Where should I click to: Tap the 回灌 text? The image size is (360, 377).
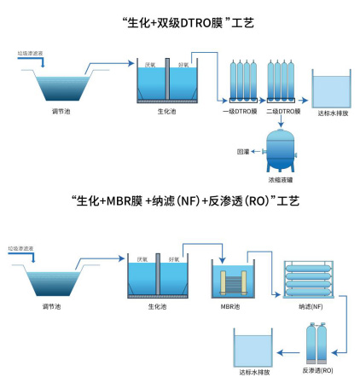(242, 151)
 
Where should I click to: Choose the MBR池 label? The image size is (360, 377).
(229, 304)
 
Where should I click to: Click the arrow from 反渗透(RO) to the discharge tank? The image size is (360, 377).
(291, 351)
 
